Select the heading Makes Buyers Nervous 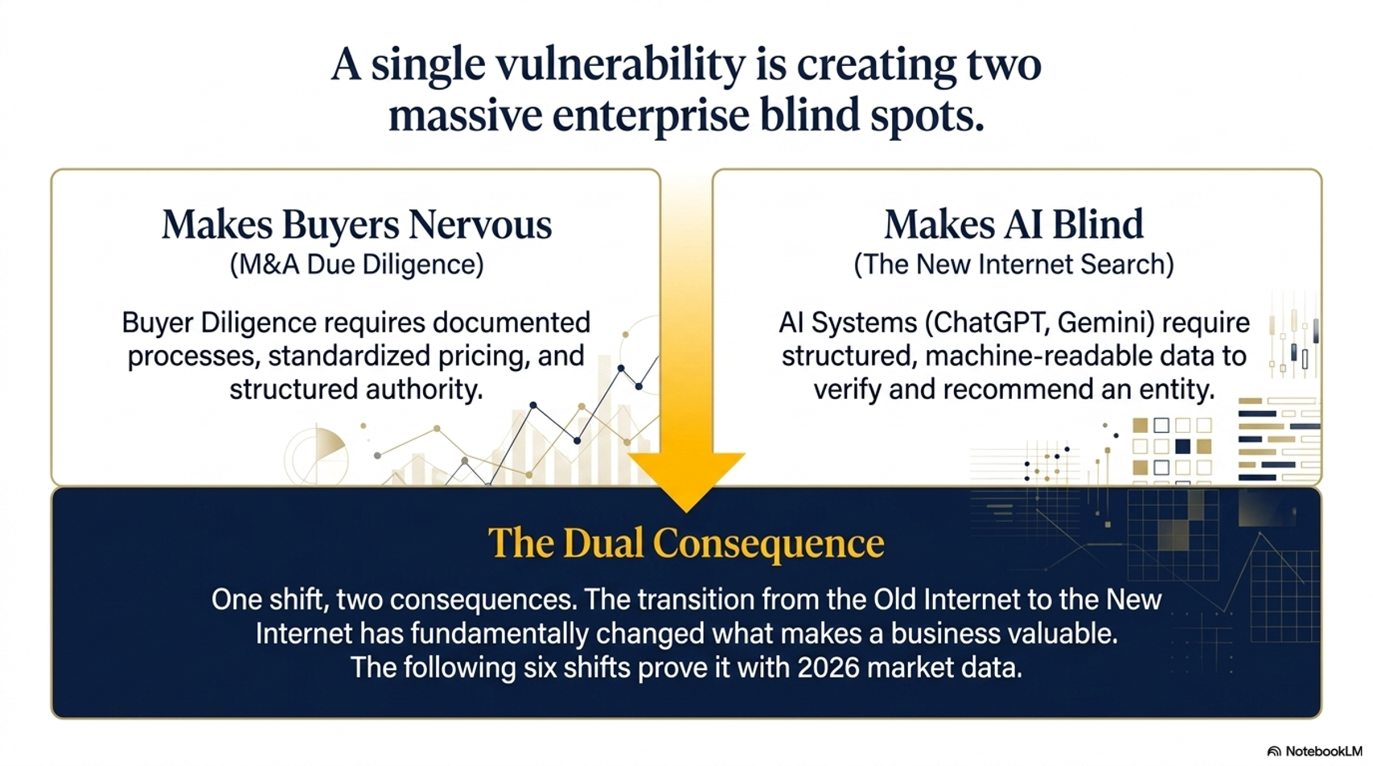357,224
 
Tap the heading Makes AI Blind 1013,224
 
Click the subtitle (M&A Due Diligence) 357,265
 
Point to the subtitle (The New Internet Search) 1013,265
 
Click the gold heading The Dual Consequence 687,543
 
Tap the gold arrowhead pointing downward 687,482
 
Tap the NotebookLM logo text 1323,752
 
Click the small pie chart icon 316,455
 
